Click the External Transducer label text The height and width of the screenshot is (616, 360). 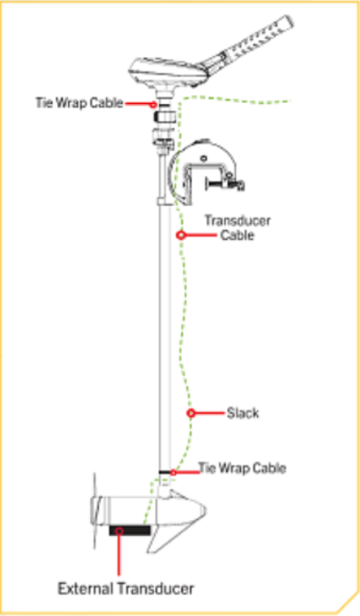(126, 589)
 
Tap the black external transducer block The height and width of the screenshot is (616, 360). (129, 530)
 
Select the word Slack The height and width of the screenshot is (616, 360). (243, 413)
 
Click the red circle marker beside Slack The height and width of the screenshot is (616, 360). (191, 413)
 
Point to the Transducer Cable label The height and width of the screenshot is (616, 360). (237, 227)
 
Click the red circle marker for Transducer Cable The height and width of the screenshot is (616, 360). (180, 235)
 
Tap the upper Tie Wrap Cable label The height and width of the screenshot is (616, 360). (79, 103)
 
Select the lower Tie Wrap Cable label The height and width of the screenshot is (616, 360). (242, 468)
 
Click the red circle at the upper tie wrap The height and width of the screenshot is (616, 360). (153, 105)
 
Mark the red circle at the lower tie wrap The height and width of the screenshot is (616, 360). (173, 472)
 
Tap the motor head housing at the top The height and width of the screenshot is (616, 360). (169, 72)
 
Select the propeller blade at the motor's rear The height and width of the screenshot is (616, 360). (95, 510)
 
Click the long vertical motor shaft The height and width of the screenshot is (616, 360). (165, 334)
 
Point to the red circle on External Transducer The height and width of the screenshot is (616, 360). (119, 531)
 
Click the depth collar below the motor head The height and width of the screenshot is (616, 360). (164, 117)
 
